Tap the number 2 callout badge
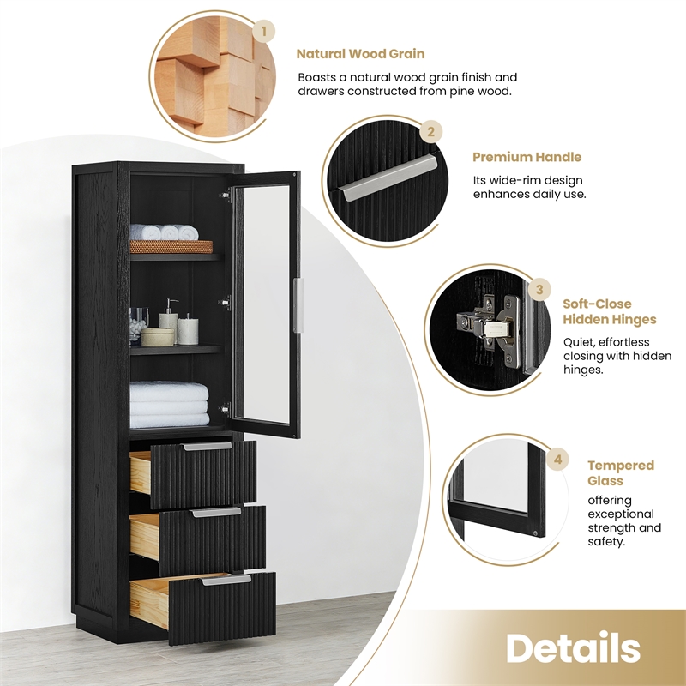(x=431, y=132)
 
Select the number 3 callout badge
(x=539, y=289)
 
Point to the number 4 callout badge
(x=559, y=460)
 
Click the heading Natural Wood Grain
(x=360, y=54)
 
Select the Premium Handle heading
(x=527, y=157)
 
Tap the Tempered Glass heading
(x=620, y=473)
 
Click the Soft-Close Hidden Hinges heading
(x=609, y=311)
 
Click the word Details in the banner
(x=573, y=648)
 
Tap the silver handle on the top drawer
(x=207, y=447)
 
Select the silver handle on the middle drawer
(x=216, y=512)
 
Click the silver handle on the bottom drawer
(x=226, y=580)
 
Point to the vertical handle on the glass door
(x=298, y=305)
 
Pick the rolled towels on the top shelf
(x=164, y=232)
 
